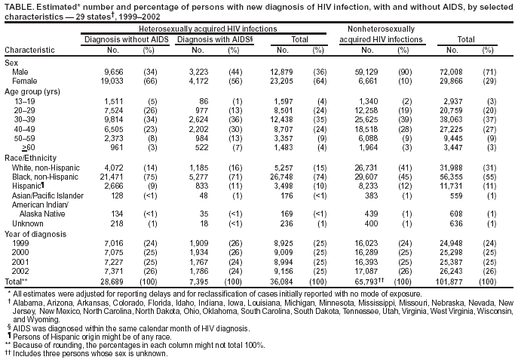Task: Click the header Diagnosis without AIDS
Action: [124, 38]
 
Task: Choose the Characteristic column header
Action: [29, 51]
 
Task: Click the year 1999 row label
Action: [20, 242]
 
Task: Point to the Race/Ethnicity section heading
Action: [29, 155]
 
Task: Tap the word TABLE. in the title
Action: [18, 5]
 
